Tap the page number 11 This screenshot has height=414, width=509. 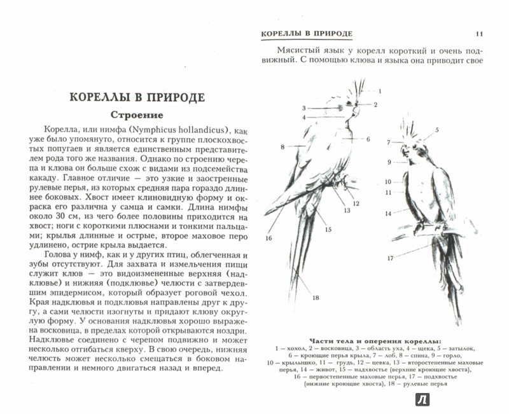(479, 33)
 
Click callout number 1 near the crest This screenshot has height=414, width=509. (379, 91)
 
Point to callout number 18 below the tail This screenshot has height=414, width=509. (315, 298)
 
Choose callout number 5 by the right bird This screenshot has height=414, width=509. (437, 130)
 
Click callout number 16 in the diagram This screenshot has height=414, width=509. (268, 238)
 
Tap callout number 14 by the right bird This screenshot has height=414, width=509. (388, 214)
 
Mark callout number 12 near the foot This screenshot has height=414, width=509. (357, 204)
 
